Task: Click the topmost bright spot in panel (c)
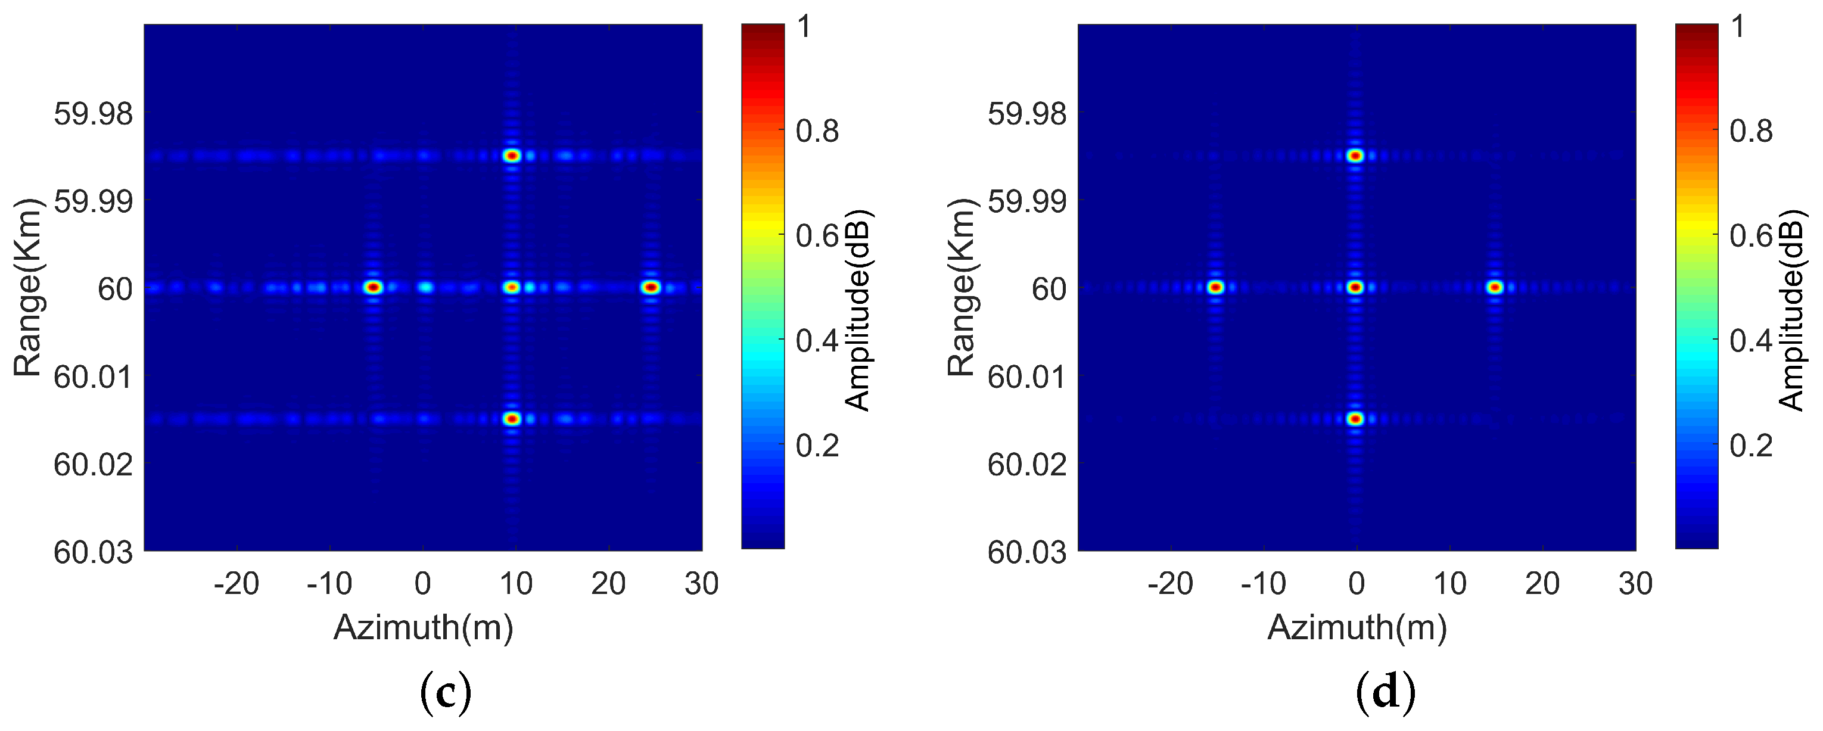512,155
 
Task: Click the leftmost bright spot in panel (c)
374,287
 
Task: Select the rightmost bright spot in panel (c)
651,287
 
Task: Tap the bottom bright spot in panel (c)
512,419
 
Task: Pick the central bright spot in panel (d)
1355,287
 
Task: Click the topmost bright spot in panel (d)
1355,155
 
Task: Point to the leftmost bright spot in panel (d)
1216,287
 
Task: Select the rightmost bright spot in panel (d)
1495,287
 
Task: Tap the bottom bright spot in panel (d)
1355,419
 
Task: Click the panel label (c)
445,694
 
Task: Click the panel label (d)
1386,694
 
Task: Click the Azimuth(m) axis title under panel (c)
423,627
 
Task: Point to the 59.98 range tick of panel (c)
94,113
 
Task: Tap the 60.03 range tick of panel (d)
1027,552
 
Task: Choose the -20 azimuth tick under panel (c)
237,584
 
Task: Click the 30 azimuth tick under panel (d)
1635,584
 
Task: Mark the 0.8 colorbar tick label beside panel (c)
817,132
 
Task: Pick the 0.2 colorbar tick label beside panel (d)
1751,446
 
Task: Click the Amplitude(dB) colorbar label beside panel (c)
858,310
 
